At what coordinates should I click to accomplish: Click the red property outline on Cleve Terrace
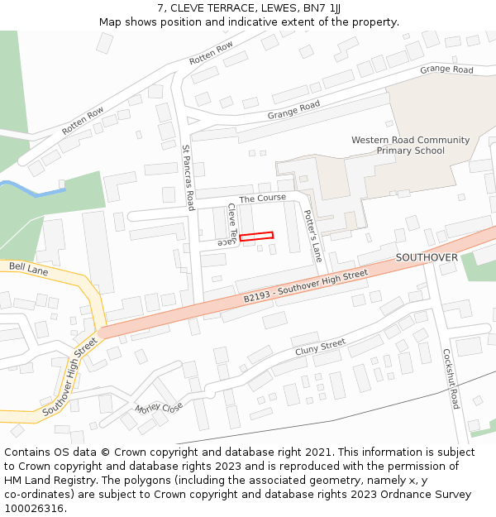tap(256, 237)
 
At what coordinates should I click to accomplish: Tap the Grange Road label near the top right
tap(446, 69)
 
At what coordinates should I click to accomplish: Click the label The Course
tap(262, 198)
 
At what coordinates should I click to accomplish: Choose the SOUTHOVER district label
tap(427, 257)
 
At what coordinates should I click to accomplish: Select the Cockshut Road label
tap(450, 378)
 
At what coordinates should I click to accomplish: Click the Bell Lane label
tap(29, 269)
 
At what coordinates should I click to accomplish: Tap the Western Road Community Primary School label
tap(410, 146)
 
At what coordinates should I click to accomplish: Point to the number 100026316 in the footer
tap(35, 508)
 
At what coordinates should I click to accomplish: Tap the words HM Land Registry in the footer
tap(48, 480)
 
